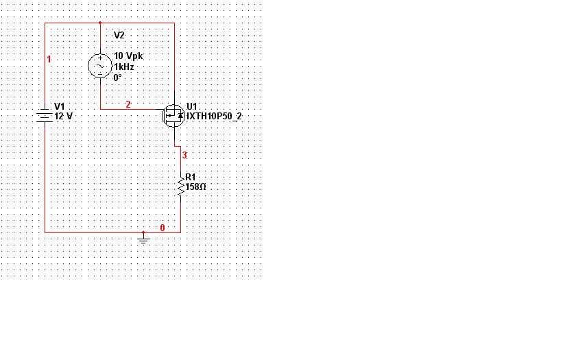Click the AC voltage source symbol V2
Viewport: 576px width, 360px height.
pyautogui.click(x=101, y=66)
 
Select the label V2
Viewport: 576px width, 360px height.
pyautogui.click(x=119, y=35)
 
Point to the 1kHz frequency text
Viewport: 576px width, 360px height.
pyautogui.click(x=124, y=67)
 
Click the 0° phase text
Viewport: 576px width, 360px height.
pyautogui.click(x=118, y=77)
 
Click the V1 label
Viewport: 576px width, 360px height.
pyautogui.click(x=60, y=106)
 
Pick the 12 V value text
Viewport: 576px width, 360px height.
pyautogui.click(x=63, y=117)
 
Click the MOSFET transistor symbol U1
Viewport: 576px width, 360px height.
pyautogui.click(x=173, y=115)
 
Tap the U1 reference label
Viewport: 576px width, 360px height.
pyautogui.click(x=191, y=106)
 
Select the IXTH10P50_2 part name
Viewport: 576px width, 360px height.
pyautogui.click(x=214, y=117)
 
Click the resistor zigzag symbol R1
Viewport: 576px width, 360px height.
pyautogui.click(x=180, y=186)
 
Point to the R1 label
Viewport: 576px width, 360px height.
pyautogui.click(x=191, y=176)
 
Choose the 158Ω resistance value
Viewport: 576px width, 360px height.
pyautogui.click(x=196, y=186)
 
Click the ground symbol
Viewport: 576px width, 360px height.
pyautogui.click(x=143, y=239)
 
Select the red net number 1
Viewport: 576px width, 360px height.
pyautogui.click(x=49, y=60)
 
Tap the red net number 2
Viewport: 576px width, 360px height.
pyautogui.click(x=128, y=104)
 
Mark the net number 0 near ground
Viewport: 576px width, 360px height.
pyautogui.click(x=162, y=227)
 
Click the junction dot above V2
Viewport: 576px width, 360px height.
pyautogui.click(x=101, y=23)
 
